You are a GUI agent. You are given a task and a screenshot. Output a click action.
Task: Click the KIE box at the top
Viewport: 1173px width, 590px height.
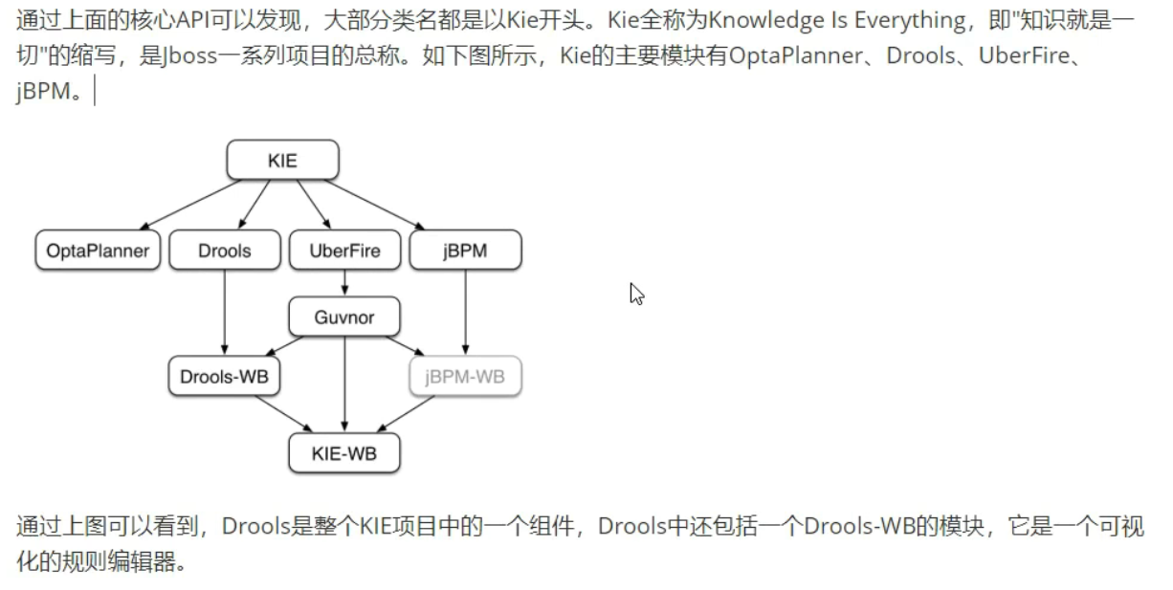pos(282,160)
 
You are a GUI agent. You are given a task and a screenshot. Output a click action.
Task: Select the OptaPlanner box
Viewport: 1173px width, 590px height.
pos(98,251)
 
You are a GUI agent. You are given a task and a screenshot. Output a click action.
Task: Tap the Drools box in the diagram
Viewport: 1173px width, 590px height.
pos(225,251)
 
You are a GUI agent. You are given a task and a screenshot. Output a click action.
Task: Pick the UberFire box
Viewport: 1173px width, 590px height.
pos(344,251)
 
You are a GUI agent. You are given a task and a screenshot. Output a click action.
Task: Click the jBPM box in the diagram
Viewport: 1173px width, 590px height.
pos(465,251)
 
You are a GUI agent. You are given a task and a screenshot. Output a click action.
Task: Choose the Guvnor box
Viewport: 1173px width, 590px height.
pos(344,317)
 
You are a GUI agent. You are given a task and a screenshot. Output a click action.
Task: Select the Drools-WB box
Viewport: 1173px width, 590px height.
pos(225,377)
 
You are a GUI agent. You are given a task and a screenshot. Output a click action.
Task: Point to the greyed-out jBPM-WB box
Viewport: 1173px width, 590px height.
pos(465,377)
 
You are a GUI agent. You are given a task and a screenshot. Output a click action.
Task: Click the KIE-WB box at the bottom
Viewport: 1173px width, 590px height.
pos(344,453)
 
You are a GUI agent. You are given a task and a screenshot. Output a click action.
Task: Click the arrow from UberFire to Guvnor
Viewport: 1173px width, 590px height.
pos(344,284)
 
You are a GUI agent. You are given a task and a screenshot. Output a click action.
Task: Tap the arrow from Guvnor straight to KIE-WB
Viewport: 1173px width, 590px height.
pos(344,382)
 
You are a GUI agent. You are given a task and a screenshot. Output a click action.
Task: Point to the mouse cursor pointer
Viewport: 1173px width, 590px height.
pos(636,294)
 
